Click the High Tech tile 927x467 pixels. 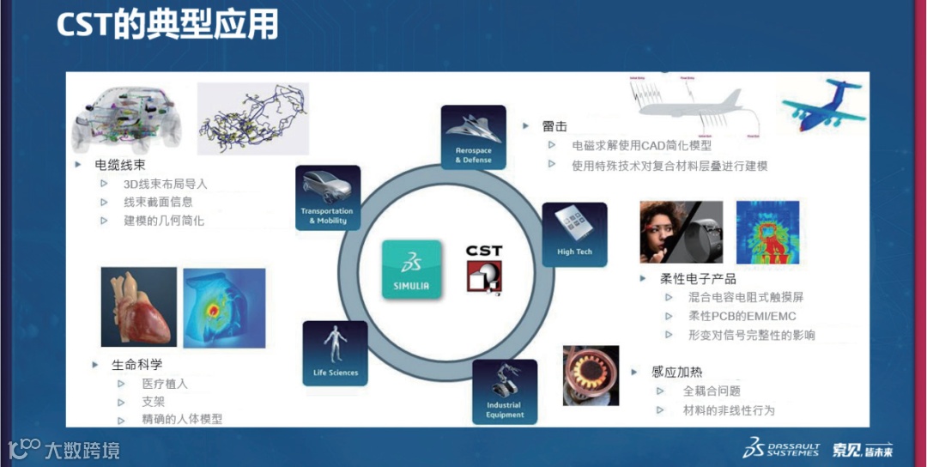coord(574,234)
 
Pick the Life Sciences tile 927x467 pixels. coord(335,353)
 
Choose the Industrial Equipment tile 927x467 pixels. coord(505,391)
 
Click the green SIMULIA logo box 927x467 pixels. coord(412,270)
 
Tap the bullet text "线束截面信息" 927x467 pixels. coord(158,202)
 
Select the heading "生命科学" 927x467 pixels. coord(136,364)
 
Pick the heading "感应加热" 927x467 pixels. coord(677,372)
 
